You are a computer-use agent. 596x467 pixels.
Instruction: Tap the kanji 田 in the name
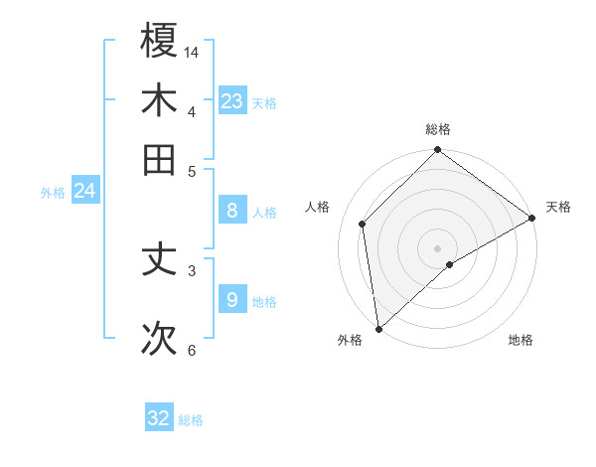pos(160,159)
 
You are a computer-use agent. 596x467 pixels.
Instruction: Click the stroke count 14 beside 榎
pos(192,51)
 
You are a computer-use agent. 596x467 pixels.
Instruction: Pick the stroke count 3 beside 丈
pos(192,269)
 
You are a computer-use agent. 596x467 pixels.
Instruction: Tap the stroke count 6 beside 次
pos(192,350)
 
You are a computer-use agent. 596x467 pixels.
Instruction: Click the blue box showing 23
pos(231,100)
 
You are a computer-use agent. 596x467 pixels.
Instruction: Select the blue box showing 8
pos(231,210)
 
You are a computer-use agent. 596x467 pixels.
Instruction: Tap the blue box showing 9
pos(231,299)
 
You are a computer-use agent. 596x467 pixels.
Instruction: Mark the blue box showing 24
pos(84,191)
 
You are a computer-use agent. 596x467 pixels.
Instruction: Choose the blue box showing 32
pos(159,418)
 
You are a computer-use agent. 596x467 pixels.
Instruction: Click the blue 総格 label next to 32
pos(191,420)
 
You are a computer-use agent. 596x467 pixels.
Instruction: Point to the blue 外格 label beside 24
pos(53,193)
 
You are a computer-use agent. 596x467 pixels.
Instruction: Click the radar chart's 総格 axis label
pos(438,129)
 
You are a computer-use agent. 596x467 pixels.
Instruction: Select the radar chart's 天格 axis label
pos(558,207)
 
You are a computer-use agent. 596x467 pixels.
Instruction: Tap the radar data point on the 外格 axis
pos(378,329)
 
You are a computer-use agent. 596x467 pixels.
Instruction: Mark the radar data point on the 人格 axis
pos(363,224)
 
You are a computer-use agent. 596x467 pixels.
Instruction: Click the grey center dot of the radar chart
pos(438,247)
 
